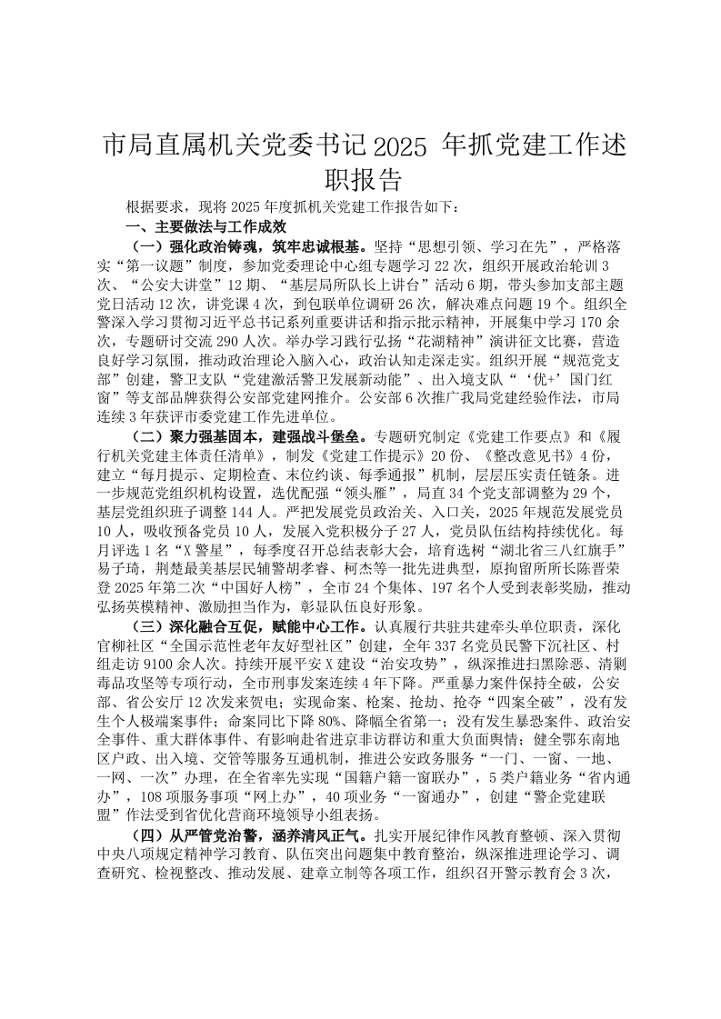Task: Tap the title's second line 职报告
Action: tap(361, 178)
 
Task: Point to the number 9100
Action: tap(153, 664)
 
